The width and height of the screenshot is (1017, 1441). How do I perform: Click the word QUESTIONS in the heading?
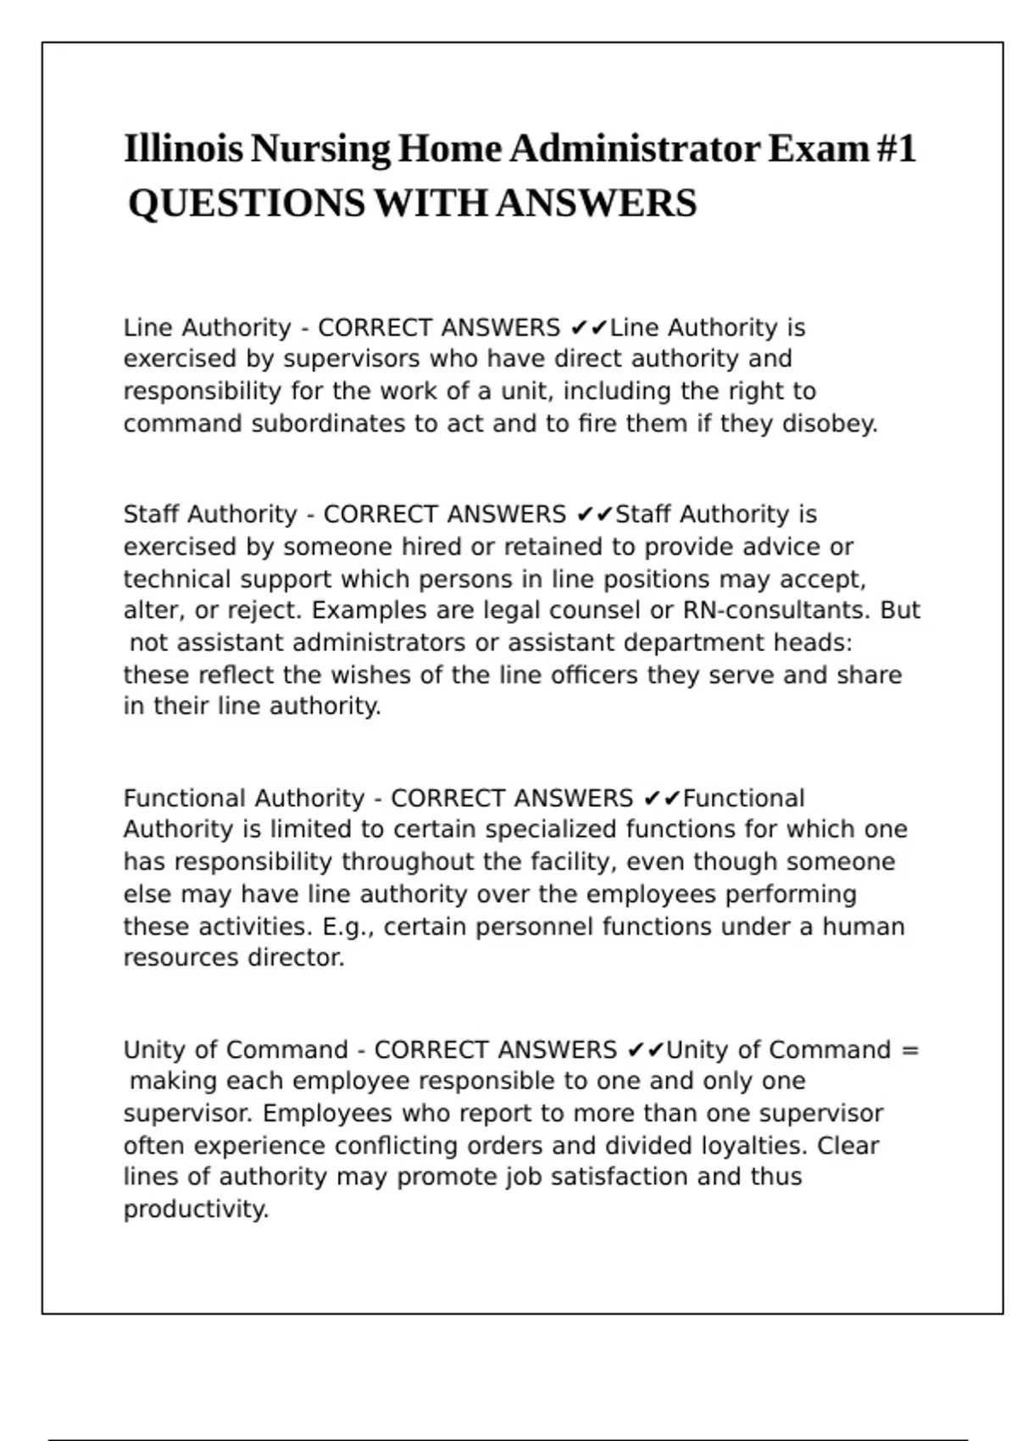247,203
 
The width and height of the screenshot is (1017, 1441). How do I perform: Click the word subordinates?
328,423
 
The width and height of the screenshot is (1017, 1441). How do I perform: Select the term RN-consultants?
776,610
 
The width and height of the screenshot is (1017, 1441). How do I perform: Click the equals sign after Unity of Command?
909,1050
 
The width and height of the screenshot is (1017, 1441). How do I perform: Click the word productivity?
196,1209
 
